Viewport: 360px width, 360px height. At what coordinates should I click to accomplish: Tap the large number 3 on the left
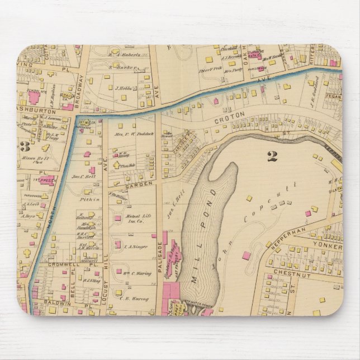(x=25, y=147)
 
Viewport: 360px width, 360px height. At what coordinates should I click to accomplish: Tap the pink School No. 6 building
(x=34, y=98)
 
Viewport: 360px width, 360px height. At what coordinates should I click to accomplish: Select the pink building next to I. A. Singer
(x=117, y=244)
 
